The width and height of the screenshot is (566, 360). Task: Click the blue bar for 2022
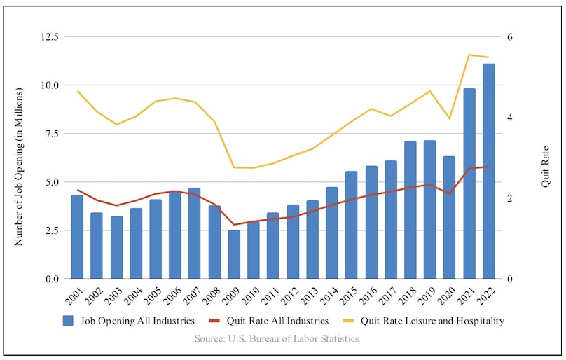[x=488, y=172]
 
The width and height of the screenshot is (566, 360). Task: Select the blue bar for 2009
[x=234, y=254]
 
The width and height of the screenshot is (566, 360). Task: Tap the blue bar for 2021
[x=469, y=184]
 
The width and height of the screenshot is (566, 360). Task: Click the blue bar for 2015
[x=351, y=225]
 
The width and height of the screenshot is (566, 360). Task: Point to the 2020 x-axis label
[x=448, y=295]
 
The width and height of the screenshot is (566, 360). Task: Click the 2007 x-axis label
[x=194, y=295]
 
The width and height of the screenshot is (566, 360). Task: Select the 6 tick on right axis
[x=510, y=36]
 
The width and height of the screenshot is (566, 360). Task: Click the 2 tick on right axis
[x=510, y=198]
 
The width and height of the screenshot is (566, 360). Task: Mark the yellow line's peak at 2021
[x=469, y=55]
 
